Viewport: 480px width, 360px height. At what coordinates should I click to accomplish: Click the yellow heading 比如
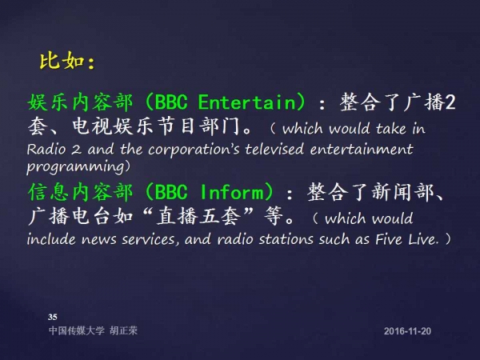(62, 61)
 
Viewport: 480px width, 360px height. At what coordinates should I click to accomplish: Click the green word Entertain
(246, 102)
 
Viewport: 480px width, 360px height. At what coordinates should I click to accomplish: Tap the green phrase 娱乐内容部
(81, 102)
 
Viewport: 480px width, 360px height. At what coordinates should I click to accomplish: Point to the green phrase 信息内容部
(81, 192)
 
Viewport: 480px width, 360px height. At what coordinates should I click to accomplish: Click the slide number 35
(52, 317)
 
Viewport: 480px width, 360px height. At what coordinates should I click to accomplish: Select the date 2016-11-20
(407, 331)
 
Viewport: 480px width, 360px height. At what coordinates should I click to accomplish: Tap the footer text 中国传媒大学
(77, 330)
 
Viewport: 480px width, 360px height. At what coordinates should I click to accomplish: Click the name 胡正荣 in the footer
(124, 330)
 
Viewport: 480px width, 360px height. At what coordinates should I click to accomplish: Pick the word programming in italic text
(75, 167)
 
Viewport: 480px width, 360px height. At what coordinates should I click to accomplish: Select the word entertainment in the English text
(362, 149)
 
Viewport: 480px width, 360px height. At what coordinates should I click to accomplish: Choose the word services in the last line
(150, 239)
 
